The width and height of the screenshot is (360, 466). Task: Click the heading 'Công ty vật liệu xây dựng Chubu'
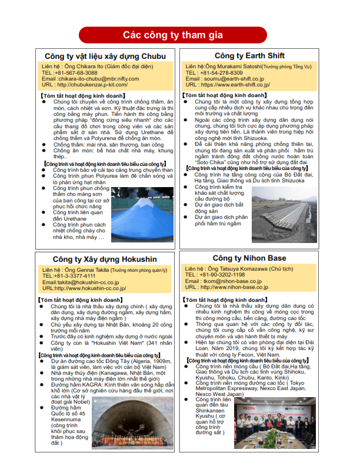pyautogui.click(x=105, y=56)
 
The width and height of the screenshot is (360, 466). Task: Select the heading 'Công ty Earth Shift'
pyautogui.click(x=249, y=56)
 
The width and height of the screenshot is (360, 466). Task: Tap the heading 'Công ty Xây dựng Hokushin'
pyautogui.click(x=105, y=259)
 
